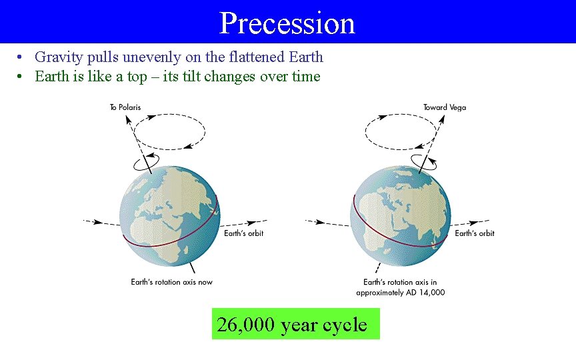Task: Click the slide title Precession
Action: point(287,23)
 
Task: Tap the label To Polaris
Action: point(125,107)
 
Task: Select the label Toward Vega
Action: point(445,107)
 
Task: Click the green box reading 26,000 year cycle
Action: point(295,324)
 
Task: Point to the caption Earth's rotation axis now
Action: point(171,282)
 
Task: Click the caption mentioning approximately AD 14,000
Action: point(400,292)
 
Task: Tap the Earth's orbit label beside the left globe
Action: point(243,233)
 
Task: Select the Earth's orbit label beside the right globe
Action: point(475,233)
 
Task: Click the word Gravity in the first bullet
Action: point(55,57)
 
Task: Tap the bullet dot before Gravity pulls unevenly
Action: point(22,57)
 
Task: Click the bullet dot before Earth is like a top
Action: point(22,77)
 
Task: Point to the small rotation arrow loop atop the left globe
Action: point(147,162)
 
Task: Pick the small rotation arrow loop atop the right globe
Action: point(423,161)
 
